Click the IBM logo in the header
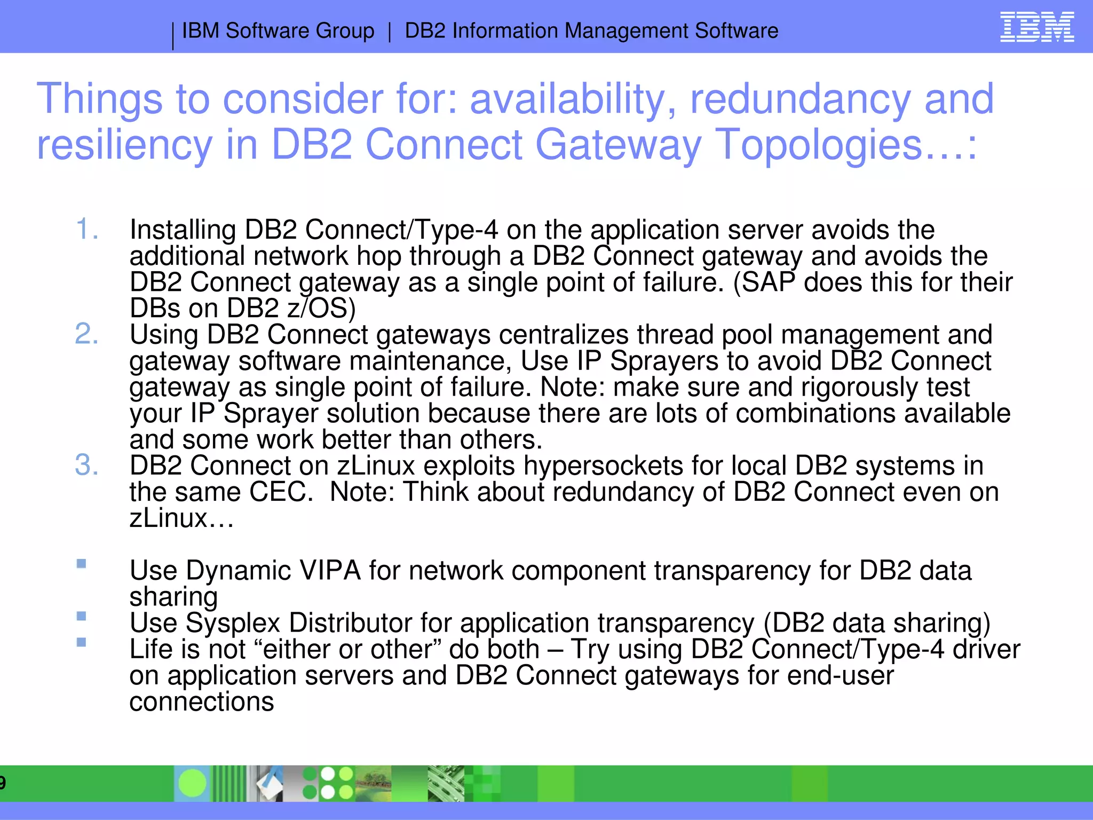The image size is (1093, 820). coord(1036,27)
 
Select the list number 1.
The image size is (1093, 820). coord(86,230)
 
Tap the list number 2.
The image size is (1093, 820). coord(86,335)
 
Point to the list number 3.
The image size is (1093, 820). coord(86,466)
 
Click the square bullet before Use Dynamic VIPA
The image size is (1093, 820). coord(81,564)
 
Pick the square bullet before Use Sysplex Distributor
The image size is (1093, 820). coord(81,616)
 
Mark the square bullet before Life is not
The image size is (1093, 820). coord(81,642)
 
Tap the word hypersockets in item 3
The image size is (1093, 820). coord(603,466)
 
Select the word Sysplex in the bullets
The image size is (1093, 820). coord(233,623)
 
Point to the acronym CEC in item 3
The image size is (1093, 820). coord(281,492)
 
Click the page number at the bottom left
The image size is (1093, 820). coord(3,783)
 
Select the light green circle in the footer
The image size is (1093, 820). coord(192,783)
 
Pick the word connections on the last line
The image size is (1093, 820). coord(202,701)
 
